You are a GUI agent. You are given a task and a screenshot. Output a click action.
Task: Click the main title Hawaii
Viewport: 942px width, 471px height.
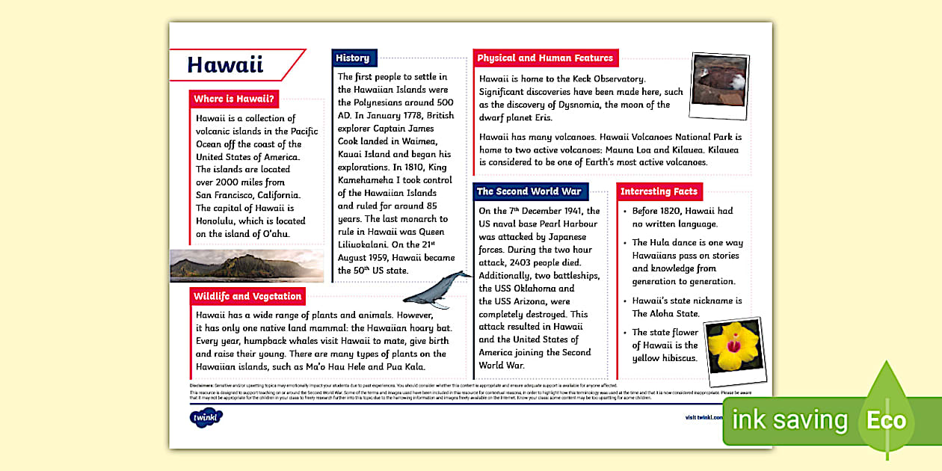pyautogui.click(x=225, y=65)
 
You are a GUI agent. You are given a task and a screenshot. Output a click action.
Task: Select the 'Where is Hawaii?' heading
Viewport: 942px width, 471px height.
pyautogui.click(x=234, y=99)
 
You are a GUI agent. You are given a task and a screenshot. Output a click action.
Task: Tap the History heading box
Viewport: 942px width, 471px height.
pyautogui.click(x=353, y=58)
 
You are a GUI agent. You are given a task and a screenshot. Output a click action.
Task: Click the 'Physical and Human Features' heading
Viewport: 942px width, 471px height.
pyautogui.click(x=545, y=58)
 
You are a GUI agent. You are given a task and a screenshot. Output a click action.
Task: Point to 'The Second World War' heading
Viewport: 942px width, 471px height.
pyautogui.click(x=529, y=191)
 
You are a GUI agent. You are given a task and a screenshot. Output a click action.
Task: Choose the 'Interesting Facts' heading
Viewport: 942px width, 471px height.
pyautogui.click(x=659, y=191)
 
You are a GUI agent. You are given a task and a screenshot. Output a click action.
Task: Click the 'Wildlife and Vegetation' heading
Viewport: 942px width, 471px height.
pyautogui.click(x=247, y=296)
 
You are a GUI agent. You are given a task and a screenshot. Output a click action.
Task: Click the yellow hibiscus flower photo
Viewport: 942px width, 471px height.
pyautogui.click(x=734, y=348)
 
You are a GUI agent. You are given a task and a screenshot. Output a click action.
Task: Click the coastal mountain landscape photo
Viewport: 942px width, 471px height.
pyautogui.click(x=247, y=265)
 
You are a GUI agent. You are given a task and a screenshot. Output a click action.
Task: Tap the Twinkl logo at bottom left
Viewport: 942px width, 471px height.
pyautogui.click(x=206, y=417)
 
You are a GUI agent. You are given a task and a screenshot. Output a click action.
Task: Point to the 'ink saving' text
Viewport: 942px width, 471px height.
pyautogui.click(x=789, y=420)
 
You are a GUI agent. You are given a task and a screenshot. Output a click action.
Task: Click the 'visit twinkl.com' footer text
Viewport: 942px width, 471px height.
pyautogui.click(x=704, y=418)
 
